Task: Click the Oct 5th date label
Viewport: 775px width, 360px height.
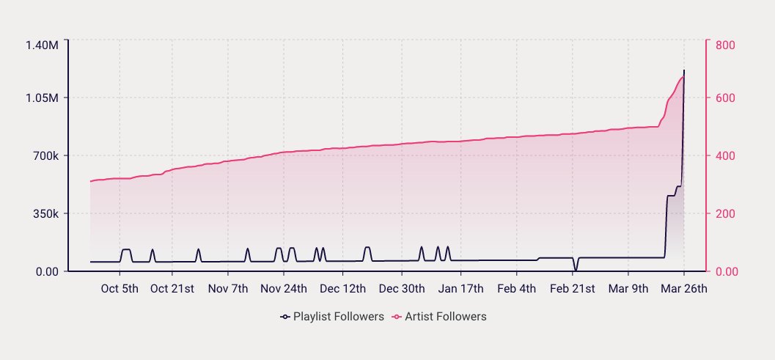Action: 119,288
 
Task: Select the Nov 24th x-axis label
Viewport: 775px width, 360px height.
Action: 284,288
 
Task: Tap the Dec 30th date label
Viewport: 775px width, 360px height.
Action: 402,288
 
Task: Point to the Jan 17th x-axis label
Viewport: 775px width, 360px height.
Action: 460,288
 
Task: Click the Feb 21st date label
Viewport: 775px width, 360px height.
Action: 573,288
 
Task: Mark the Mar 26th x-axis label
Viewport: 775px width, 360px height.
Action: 684,288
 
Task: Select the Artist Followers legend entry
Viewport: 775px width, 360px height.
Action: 440,317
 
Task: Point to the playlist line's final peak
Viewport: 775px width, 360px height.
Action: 684,70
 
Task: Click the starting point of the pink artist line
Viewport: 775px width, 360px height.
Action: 90,181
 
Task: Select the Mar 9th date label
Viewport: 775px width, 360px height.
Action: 629,288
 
